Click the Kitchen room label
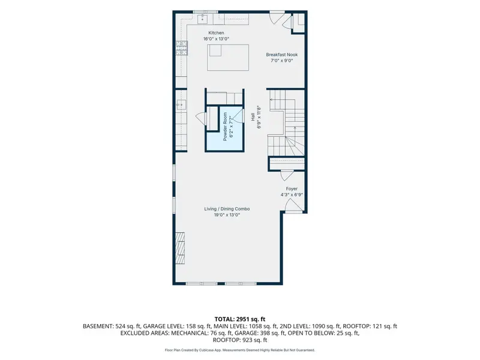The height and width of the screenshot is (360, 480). pos(216,33)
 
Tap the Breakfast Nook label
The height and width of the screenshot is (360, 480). pos(281,55)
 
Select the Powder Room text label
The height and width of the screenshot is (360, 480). pos(225,127)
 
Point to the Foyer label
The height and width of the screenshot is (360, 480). pos(292,189)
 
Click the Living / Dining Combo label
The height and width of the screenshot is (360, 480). pos(227,209)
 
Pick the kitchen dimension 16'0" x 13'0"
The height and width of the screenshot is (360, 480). pos(216,39)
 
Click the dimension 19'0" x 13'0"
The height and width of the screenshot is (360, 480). pos(227,215)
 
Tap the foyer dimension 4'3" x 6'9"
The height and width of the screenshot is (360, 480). pos(292,194)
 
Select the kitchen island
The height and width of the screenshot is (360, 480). pos(228,58)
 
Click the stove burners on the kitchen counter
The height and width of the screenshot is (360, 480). pos(181,48)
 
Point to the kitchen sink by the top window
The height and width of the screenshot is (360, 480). pos(203,19)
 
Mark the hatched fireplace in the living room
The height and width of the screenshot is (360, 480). pos(180,248)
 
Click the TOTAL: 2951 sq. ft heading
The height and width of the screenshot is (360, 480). pos(239,319)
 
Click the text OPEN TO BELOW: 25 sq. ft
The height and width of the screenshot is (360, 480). pos(323,333)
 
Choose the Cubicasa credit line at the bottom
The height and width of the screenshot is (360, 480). pos(239,350)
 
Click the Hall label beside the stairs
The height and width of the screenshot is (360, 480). pos(253,116)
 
